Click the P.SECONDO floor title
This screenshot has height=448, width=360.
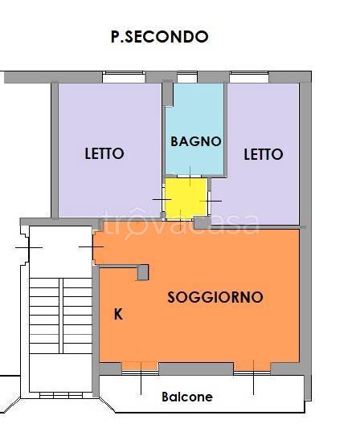(160, 37)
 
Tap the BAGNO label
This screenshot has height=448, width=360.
(196, 141)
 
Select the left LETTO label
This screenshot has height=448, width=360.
(104, 153)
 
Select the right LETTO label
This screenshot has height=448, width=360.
(264, 154)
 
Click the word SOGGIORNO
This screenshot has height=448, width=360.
(215, 297)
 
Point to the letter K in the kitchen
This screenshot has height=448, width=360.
(118, 314)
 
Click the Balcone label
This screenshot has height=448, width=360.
(187, 397)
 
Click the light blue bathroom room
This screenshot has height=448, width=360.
(194, 128)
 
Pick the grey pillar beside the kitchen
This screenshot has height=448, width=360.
(143, 272)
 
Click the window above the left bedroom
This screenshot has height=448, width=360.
(124, 77)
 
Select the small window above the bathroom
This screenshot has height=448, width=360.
(187, 77)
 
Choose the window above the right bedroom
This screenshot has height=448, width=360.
(249, 77)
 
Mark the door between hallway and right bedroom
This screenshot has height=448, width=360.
(210, 202)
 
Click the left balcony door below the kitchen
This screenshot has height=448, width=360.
(141, 373)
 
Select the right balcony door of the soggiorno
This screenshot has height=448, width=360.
(252, 373)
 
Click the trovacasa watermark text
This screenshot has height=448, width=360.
(181, 223)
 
